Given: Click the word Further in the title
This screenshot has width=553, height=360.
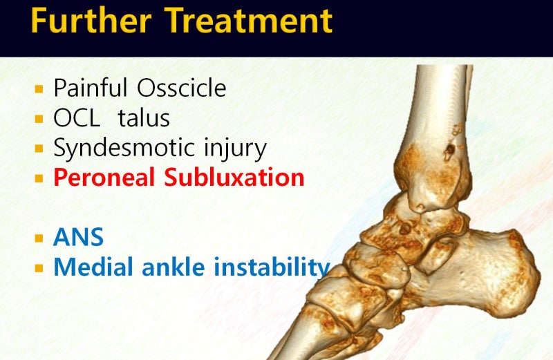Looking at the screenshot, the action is [x=91, y=21].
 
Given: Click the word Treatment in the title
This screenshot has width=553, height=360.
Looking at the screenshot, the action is [x=248, y=21].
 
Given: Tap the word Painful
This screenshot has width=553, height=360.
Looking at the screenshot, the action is [x=91, y=88].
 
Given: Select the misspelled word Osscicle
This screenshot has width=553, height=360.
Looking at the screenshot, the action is [x=182, y=88].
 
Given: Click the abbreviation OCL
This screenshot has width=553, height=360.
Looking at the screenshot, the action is [x=77, y=117].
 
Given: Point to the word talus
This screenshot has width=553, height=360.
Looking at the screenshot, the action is [x=144, y=117].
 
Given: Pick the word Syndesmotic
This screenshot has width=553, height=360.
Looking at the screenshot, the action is [x=124, y=148].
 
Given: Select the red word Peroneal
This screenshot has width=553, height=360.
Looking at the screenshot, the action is [x=104, y=177].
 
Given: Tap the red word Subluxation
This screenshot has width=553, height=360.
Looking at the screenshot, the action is [x=234, y=177].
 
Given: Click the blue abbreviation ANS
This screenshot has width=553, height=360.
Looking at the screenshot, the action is [x=78, y=237].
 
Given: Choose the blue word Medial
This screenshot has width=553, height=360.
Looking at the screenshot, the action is [x=93, y=267].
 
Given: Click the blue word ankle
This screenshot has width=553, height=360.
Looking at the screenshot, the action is [x=174, y=267].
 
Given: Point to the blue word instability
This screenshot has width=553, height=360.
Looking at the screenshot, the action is [x=272, y=267].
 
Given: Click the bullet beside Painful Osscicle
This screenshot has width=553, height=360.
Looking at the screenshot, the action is [x=39, y=89].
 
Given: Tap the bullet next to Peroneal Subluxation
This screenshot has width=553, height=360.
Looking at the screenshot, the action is [x=39, y=178].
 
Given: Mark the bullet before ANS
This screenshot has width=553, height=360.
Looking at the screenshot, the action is [x=39, y=238].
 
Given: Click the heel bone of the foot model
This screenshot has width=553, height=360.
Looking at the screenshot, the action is [x=487, y=272].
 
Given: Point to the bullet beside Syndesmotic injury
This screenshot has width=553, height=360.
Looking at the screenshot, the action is [x=39, y=149].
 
